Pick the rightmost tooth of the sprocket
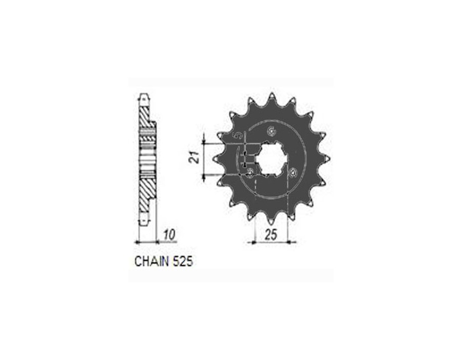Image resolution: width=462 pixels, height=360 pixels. tap(328, 159)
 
